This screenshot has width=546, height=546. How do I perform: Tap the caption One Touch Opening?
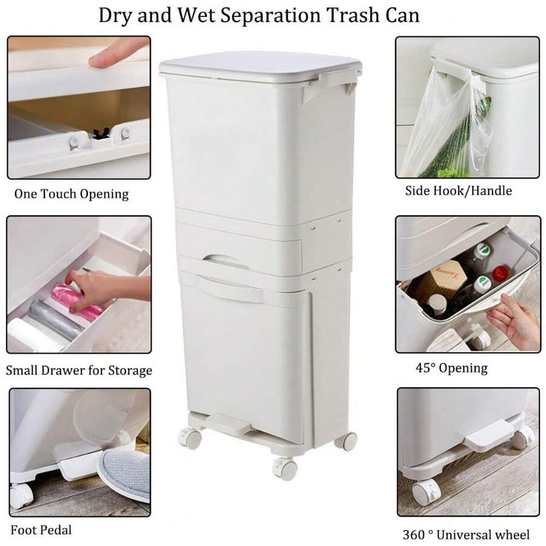point(72,194)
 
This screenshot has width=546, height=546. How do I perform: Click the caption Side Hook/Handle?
point(459,190)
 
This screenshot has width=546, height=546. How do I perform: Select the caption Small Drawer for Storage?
point(79,370)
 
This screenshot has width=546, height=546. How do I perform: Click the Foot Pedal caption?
point(40,530)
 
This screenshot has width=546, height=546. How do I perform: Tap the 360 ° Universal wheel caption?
point(466,534)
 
